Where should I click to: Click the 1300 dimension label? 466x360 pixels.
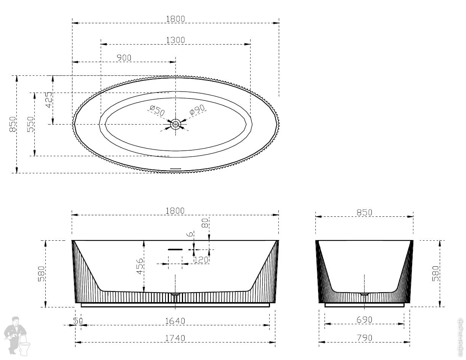click(x=175, y=40)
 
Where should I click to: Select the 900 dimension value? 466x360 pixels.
click(x=124, y=58)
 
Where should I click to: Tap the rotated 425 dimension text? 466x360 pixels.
click(x=49, y=100)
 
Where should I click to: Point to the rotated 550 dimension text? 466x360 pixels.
click(x=31, y=124)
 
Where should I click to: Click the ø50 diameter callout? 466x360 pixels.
click(x=157, y=111)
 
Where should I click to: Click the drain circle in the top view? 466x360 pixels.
click(x=175, y=124)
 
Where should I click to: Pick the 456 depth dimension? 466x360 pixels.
click(x=140, y=266)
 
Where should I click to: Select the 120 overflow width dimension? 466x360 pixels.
click(x=201, y=260)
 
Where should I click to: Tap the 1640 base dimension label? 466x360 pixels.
click(x=175, y=321)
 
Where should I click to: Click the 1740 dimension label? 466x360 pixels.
click(x=175, y=338)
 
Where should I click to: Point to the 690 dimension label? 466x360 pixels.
click(x=364, y=320)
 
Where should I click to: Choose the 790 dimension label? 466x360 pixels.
click(x=364, y=338)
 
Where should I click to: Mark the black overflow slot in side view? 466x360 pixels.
click(x=175, y=250)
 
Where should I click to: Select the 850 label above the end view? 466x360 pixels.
click(x=364, y=212)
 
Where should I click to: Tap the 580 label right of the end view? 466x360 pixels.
click(x=435, y=273)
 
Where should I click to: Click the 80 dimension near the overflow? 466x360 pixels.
click(x=205, y=223)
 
